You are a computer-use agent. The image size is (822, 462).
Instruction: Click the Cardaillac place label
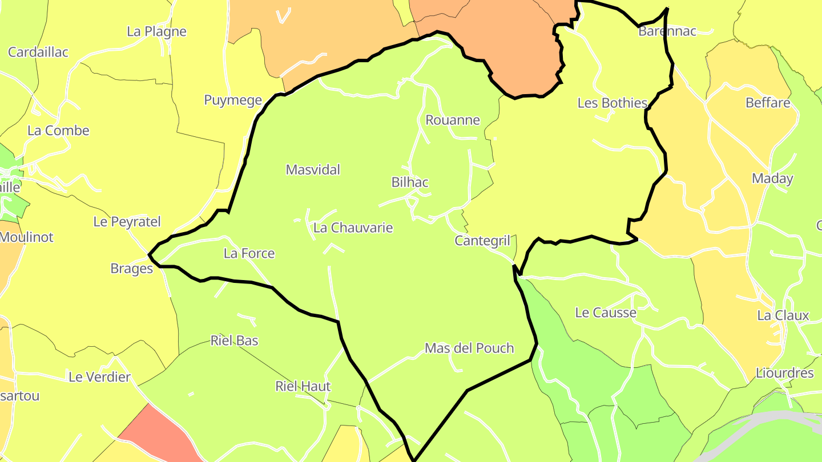pos(38,52)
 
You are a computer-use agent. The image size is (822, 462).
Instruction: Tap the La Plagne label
pos(156,31)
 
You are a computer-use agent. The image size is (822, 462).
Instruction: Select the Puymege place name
pos(233,100)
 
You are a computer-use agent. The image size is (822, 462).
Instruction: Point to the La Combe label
pos(58,131)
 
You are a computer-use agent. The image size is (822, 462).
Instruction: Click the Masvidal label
pos(313,170)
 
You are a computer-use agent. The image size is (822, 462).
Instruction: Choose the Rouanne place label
pos(453,120)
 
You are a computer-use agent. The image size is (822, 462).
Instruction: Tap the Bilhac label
pos(410,183)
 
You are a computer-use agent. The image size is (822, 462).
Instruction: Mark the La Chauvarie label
pos(353,228)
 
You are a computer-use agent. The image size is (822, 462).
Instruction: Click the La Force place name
pos(249,254)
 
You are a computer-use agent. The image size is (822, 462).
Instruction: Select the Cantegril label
pos(482,241)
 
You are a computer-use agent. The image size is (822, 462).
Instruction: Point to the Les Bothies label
pos(613,103)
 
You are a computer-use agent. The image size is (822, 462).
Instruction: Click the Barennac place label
pos(667,31)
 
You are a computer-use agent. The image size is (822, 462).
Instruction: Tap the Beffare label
pos(768,103)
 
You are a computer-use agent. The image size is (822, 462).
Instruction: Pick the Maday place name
pos(772,179)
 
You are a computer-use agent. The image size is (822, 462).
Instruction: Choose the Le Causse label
pos(606,313)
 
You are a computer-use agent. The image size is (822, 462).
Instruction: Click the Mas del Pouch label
pos(469,348)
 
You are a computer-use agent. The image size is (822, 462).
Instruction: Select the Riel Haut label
pos(303,387)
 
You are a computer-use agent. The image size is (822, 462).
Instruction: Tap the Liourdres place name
pos(784,374)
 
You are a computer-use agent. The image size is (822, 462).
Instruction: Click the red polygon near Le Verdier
pos(157,433)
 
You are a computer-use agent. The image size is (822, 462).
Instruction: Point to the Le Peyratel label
pos(127,222)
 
